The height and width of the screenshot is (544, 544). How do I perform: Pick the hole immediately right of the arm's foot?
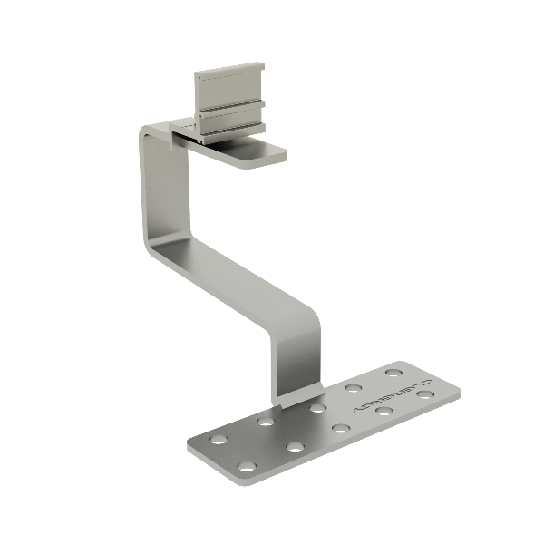[x=316, y=407]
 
